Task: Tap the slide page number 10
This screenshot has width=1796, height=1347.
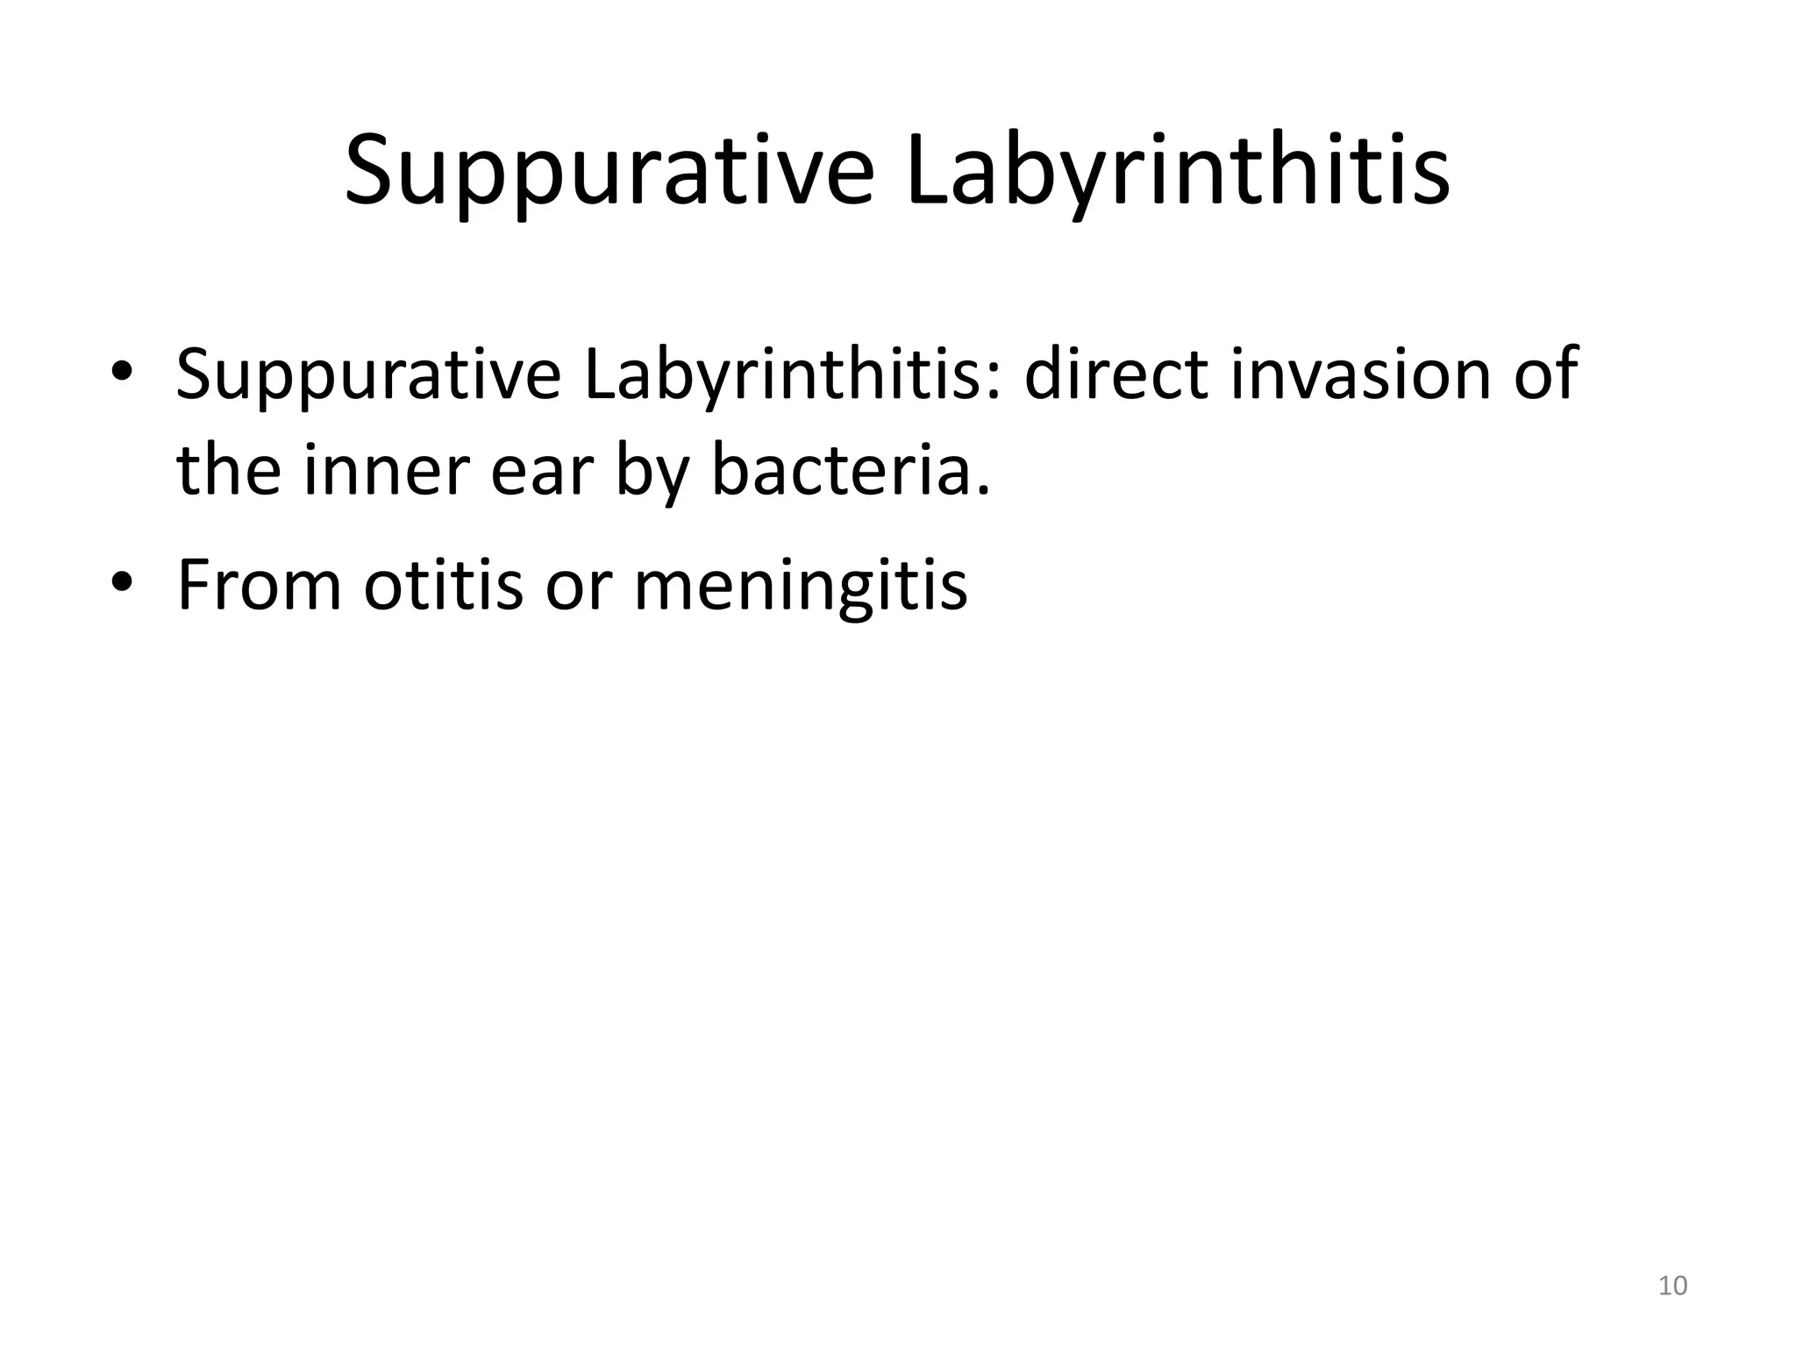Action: click(x=1672, y=1286)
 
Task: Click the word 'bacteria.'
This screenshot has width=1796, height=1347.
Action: click(x=850, y=470)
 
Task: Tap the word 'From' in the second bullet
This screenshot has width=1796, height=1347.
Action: click(x=259, y=584)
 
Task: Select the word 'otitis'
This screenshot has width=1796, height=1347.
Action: click(x=443, y=584)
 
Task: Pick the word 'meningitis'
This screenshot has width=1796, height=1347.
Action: click(x=800, y=586)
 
